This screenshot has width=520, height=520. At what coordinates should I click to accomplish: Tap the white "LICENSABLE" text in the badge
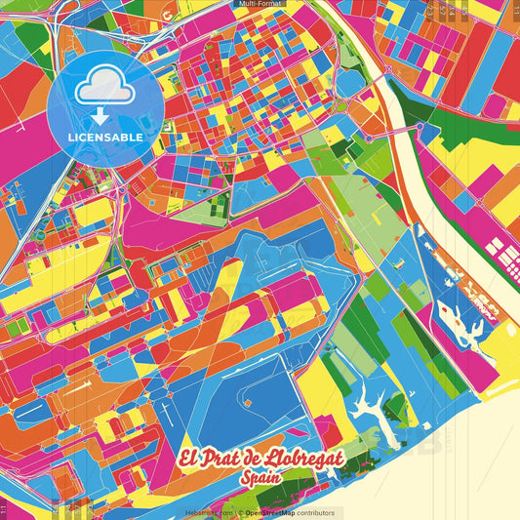click(106, 137)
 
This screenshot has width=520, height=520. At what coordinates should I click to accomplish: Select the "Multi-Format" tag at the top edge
click(259, 4)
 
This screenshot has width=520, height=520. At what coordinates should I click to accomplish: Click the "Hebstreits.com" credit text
click(209, 512)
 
